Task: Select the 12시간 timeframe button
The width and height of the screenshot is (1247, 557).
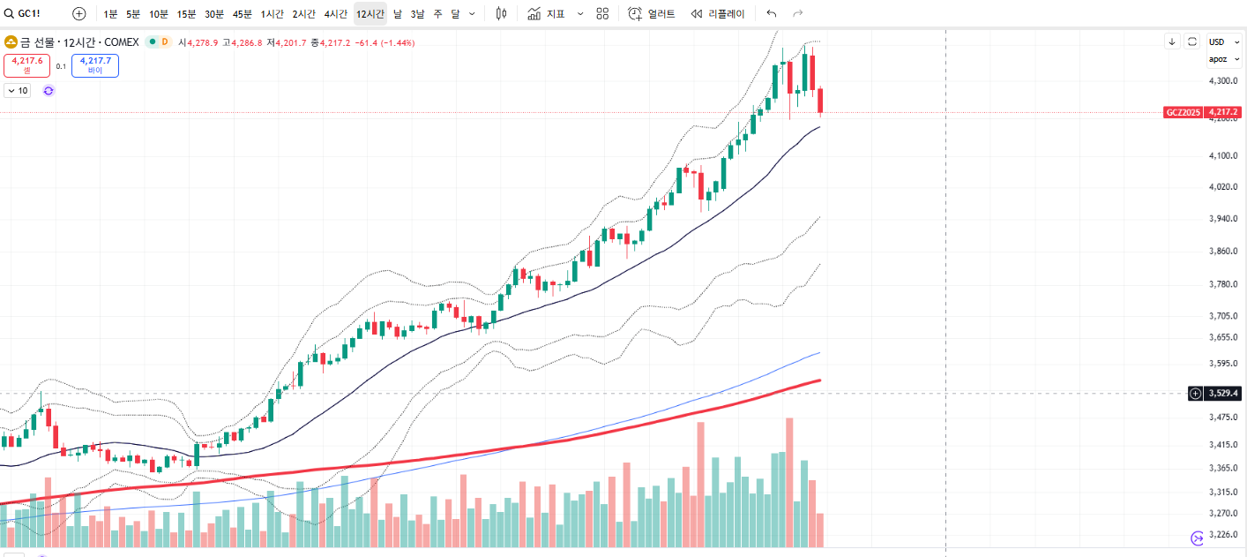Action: tap(370, 14)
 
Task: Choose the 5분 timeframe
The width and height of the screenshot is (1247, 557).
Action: tap(133, 14)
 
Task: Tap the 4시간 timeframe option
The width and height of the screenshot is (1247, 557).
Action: tap(335, 14)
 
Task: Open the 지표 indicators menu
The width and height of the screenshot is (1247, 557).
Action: tap(547, 14)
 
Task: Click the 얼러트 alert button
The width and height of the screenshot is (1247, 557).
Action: tap(652, 14)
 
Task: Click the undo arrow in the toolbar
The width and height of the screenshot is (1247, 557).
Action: tap(772, 14)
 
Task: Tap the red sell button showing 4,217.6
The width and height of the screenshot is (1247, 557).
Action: tap(26, 65)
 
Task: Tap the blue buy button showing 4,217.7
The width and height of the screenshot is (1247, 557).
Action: tap(95, 65)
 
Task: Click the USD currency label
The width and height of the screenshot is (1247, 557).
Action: tap(1217, 41)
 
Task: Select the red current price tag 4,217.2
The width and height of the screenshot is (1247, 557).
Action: tap(1223, 112)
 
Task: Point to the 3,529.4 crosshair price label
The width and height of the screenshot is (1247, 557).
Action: tap(1223, 394)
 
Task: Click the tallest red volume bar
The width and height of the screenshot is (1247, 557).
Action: tap(789, 481)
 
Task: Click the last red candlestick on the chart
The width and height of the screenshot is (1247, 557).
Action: tap(821, 101)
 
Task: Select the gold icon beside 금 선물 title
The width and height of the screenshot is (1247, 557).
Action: tap(11, 41)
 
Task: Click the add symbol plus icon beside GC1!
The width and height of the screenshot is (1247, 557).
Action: tap(79, 14)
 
